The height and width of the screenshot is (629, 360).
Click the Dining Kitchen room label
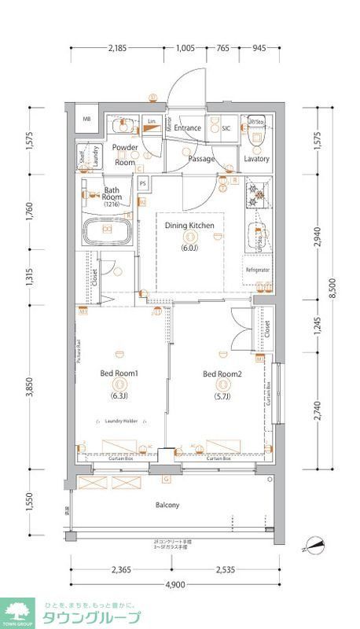189,226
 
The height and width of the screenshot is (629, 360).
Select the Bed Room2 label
222,373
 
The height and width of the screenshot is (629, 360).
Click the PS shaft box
143,185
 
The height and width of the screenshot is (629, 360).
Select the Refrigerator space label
257,270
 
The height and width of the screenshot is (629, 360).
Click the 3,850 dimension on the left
29,388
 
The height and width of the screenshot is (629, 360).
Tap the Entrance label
188,127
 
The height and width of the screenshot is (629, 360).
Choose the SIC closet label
225,128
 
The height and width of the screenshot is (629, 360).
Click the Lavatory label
256,158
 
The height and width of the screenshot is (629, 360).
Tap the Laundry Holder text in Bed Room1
121,421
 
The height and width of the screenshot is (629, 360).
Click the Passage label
201,158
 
